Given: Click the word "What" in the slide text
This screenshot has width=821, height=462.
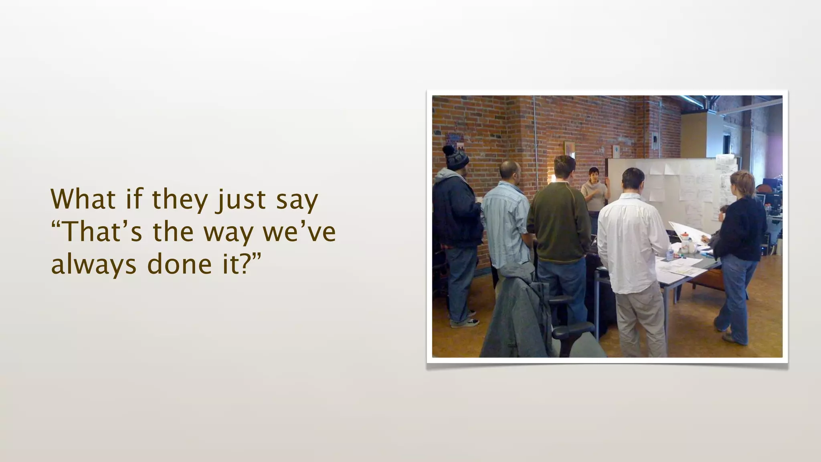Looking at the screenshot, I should pos(83,199).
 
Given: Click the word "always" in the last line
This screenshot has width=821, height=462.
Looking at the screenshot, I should pos(93,265).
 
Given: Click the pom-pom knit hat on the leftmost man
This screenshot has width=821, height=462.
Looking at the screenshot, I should pos(456,157).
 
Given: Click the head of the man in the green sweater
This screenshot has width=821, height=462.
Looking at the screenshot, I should pos(564,168).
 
